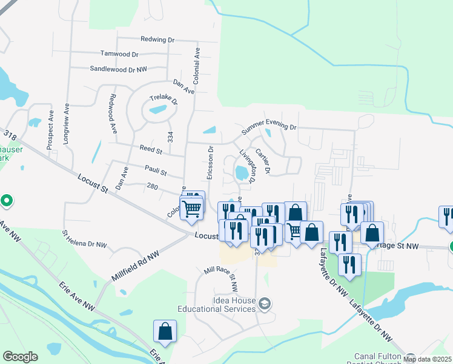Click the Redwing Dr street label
point(157,39)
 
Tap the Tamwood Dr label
point(119,54)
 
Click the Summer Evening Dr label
point(269,128)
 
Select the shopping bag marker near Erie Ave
point(165,331)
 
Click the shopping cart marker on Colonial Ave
point(192,209)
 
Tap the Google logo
point(20,357)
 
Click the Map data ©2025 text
point(427,359)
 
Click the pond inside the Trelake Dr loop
point(157,110)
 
